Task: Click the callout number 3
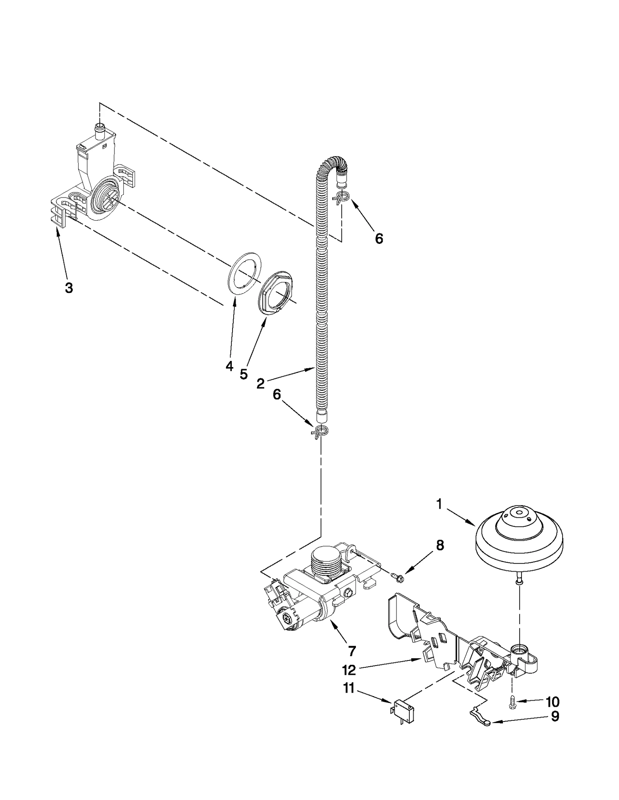pos(68,288)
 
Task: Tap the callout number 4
pos(229,366)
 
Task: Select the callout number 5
pos(243,374)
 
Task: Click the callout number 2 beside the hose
pos(260,383)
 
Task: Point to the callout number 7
pos(352,651)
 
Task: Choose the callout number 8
pos(440,545)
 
